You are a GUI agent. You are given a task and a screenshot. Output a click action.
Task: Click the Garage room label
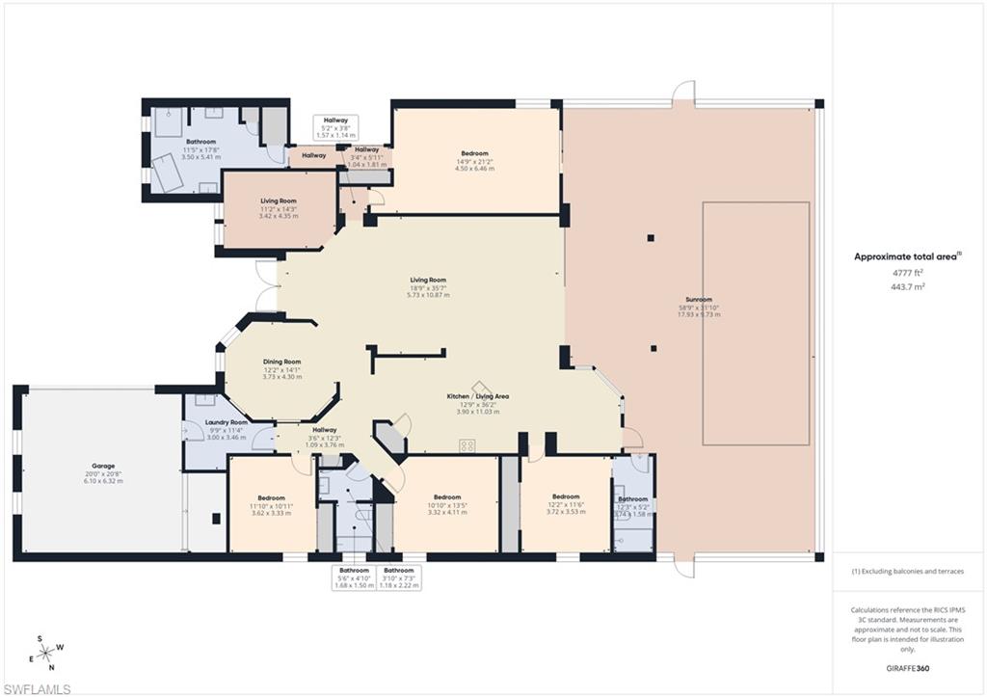[x=102, y=466]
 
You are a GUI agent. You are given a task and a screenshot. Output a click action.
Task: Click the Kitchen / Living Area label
[x=477, y=396]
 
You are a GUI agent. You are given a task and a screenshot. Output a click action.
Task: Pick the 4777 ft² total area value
[x=906, y=273]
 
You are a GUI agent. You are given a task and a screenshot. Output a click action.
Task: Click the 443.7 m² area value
[x=906, y=286]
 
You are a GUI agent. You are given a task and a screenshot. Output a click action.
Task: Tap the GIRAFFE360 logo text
[x=906, y=667]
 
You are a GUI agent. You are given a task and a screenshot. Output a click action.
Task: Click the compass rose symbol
[x=46, y=653]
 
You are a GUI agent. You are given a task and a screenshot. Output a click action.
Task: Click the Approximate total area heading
[x=907, y=256]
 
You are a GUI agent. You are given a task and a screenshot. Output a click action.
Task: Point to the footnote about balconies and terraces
[x=907, y=572]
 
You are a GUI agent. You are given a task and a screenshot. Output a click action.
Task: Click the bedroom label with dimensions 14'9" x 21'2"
[x=474, y=153]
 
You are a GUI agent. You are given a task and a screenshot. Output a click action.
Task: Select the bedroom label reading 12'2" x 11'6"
[x=566, y=496]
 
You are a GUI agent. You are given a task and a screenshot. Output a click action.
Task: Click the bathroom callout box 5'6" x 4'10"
[x=354, y=577]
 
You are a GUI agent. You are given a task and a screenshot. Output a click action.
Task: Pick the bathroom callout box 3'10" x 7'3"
[x=397, y=577]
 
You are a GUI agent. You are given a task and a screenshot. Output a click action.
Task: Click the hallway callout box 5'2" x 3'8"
[x=336, y=127]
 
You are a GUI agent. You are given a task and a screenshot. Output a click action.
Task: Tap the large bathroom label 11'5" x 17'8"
[x=201, y=142]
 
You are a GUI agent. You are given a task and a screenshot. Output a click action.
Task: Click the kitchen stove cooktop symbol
[x=468, y=445]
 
